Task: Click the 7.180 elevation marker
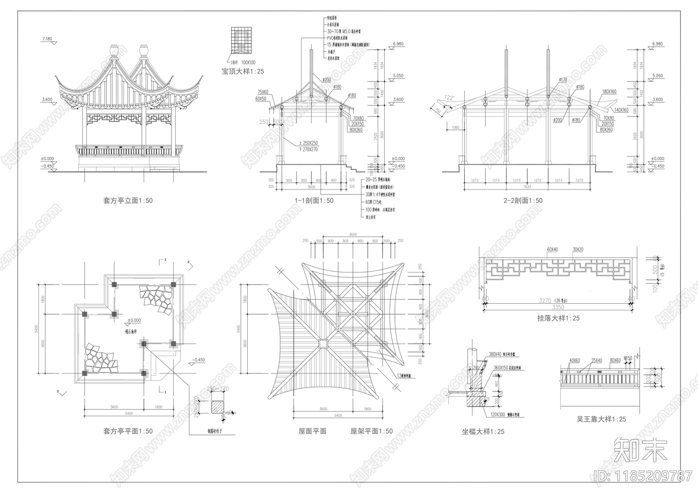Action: coord(47,39)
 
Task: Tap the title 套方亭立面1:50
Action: coord(128,201)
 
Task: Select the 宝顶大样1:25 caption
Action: coord(243,71)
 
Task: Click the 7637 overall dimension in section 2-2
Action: coord(527,187)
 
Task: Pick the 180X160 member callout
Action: coord(609,92)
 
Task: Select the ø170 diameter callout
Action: coord(563,80)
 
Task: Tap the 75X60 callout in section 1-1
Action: coord(263,92)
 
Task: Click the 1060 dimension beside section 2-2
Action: coord(456,128)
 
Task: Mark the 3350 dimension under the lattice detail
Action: coord(558,307)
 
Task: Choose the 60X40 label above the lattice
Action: coord(552,250)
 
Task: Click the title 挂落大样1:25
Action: coord(558,318)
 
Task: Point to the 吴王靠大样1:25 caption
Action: coord(601,419)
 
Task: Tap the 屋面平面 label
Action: coord(312,431)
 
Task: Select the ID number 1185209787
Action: coord(643,475)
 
